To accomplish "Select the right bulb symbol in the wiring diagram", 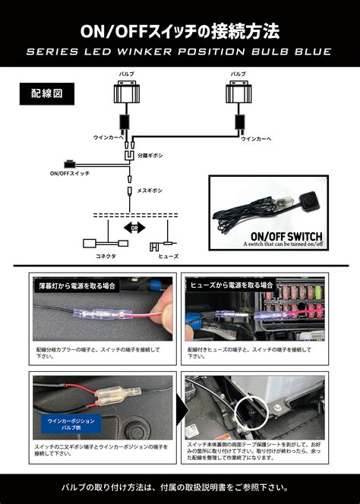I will [x=238, y=95].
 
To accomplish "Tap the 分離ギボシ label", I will [x=150, y=156].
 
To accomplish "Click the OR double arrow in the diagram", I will [x=134, y=228].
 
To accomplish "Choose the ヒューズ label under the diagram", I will [x=168, y=257].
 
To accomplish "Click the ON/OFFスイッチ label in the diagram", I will [x=69, y=174].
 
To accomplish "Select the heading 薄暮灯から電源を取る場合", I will [x=77, y=286].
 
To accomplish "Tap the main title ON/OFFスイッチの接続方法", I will [x=180, y=31].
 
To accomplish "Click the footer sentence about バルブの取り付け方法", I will [x=180, y=487].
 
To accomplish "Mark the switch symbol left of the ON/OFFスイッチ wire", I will [x=71, y=163].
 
